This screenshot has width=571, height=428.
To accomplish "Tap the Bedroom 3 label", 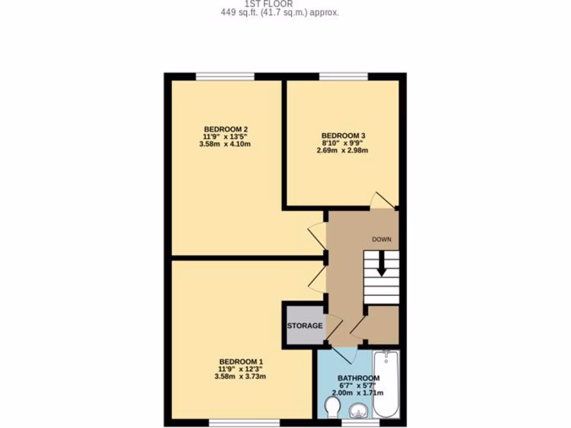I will point(343,135).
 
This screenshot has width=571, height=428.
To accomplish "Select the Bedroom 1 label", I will point(241,361).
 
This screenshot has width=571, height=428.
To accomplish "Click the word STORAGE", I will point(304,325).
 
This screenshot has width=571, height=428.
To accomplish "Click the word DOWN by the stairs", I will point(382,239).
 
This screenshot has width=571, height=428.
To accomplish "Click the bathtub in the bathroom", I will point(386,385).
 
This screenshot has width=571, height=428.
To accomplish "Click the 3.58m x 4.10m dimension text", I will point(225,144).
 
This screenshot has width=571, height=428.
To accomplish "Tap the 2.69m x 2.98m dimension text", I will point(343,150).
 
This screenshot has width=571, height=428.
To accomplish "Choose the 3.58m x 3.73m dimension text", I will point(241,376).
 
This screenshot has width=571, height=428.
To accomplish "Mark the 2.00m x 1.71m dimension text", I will point(357,393).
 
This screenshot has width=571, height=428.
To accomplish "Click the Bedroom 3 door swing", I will point(382,200).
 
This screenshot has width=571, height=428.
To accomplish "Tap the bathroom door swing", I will point(344,352).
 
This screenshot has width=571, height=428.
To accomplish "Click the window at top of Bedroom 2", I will point(225,76).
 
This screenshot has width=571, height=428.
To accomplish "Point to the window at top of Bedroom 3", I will point(343,76).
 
